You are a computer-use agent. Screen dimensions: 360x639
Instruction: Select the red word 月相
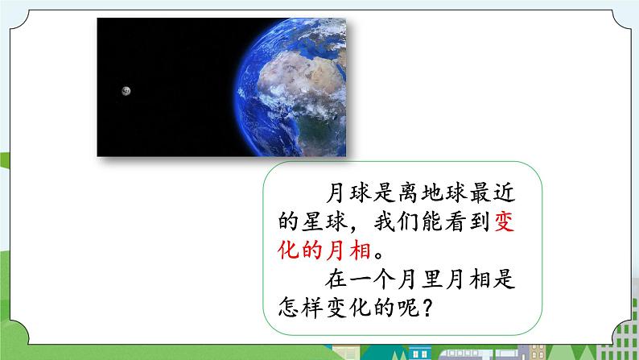(x=348, y=250)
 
